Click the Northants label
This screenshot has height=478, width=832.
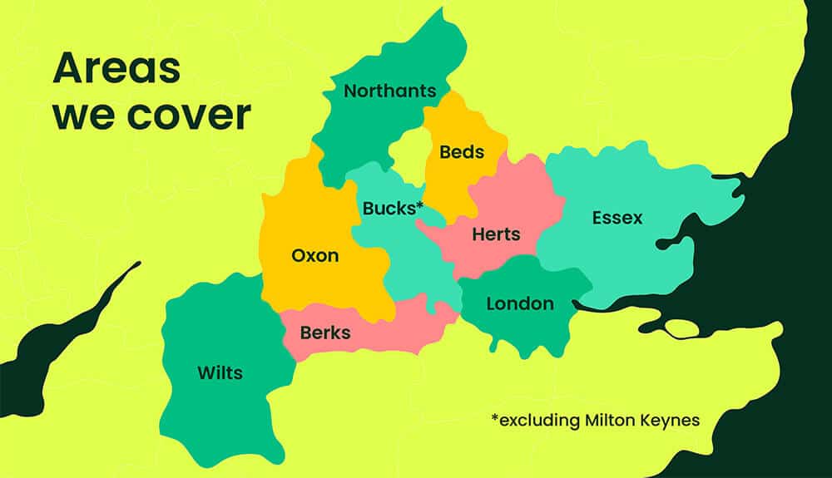(x=389, y=91)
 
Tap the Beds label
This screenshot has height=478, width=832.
(x=462, y=152)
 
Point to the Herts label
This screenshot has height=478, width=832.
(x=496, y=234)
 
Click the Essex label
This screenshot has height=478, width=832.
(x=617, y=218)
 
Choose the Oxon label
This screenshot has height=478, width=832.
(x=315, y=255)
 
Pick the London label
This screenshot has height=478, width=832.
(x=520, y=303)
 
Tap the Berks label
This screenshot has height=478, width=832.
(x=324, y=333)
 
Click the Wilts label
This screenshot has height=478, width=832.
(x=220, y=372)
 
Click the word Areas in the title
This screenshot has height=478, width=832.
(x=116, y=68)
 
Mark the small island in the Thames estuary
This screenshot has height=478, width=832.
(x=682, y=328)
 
